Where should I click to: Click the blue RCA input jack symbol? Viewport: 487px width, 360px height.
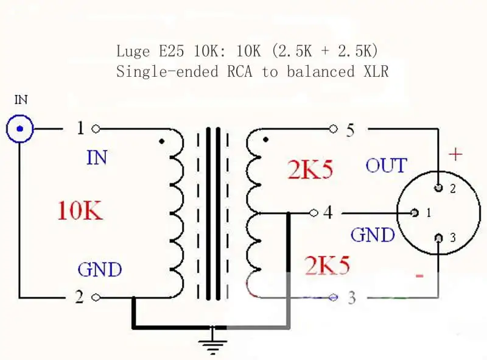tap(20, 129)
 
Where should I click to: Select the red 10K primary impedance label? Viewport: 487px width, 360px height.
tap(80, 211)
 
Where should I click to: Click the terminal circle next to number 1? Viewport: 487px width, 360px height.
tap(96, 129)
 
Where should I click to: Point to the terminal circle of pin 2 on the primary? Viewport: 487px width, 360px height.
tap(96, 297)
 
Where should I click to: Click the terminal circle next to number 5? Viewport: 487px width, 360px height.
tap(333, 129)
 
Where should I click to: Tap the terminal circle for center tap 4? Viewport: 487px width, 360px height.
tap(314, 213)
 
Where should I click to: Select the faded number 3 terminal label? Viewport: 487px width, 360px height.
tap(352, 297)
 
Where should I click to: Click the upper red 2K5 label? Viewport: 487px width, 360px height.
tap(310, 169)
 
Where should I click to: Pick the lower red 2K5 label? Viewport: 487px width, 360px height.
tap(327, 265)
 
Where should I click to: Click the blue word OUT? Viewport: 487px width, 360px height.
tap(386, 166)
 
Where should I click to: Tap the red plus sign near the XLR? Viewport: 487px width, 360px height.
tap(455, 154)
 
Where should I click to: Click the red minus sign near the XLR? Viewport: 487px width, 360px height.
tap(419, 275)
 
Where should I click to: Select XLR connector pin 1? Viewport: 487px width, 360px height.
tap(415, 213)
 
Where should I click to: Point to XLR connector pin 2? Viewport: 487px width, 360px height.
tap(438, 188)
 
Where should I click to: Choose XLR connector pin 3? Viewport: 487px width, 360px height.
tap(438, 238)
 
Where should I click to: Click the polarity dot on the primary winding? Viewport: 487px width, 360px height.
tap(161, 141)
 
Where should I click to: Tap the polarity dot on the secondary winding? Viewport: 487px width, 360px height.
tap(265, 139)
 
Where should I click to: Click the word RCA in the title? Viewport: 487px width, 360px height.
tap(239, 71)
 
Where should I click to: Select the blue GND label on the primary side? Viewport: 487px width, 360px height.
tap(100, 269)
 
